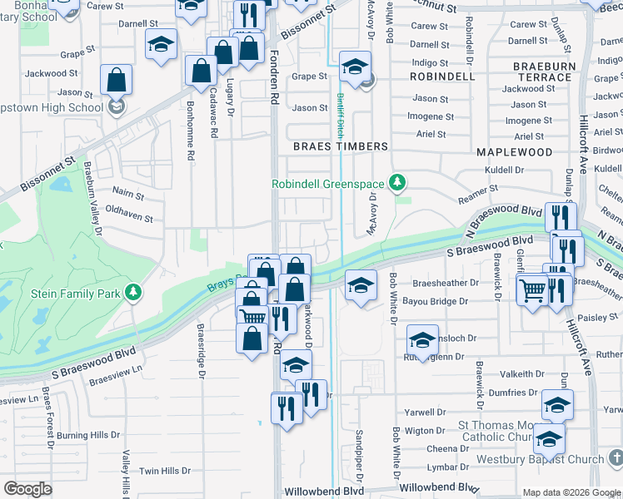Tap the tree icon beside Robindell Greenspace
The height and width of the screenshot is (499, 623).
[399, 182]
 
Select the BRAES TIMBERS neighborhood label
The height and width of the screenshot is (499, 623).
[341, 146]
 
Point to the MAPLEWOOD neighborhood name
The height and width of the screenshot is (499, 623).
[514, 152]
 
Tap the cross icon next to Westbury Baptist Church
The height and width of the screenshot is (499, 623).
[615, 458]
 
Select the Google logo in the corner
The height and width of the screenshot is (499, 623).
[28, 489]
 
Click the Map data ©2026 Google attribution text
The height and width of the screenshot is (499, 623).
[571, 492]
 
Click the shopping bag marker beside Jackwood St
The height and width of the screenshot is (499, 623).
[117, 81]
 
